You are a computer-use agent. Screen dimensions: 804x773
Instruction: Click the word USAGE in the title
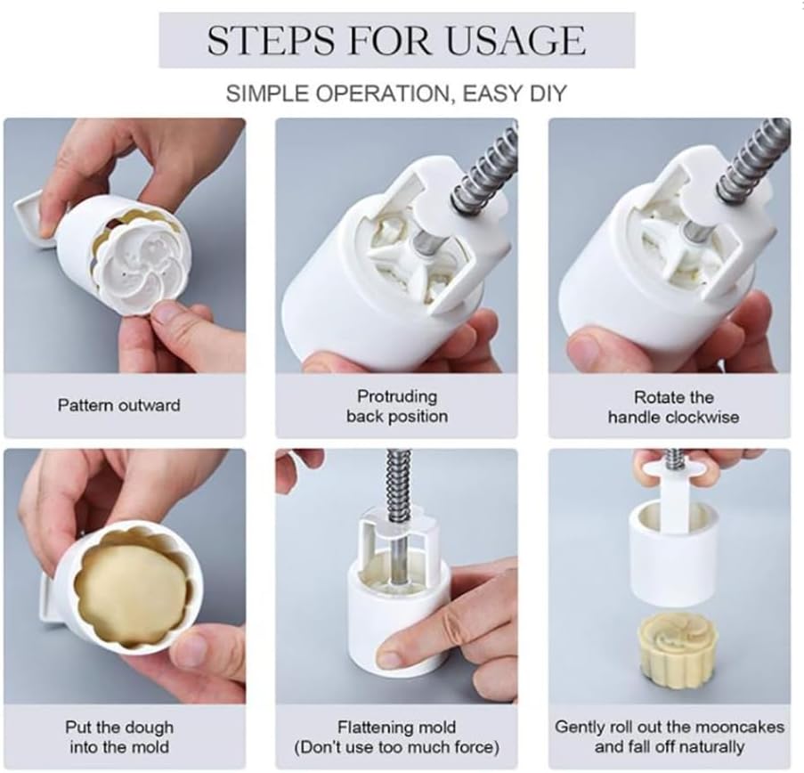(x=516, y=40)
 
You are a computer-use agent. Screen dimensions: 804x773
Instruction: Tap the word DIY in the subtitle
(x=548, y=94)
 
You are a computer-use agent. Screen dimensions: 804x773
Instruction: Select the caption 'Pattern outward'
(x=119, y=405)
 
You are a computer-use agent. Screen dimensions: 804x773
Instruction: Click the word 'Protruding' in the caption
(x=397, y=396)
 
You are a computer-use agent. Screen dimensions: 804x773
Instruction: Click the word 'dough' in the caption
(x=148, y=728)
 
